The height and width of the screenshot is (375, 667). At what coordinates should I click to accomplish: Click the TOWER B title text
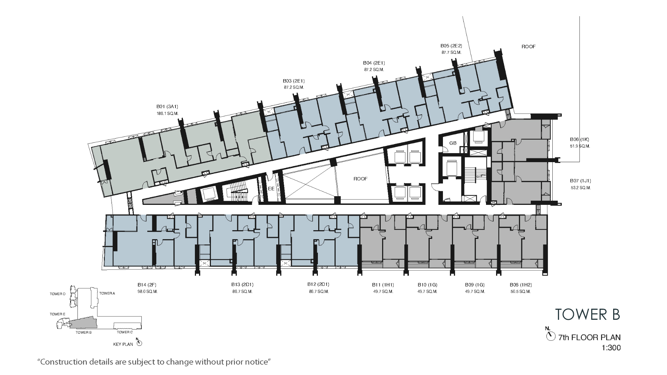pos(587,314)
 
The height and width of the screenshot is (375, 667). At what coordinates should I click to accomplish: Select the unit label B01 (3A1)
pos(167,107)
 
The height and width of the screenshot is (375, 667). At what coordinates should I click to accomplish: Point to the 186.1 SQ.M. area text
pos(167,113)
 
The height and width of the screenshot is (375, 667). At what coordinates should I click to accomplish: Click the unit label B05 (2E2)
pos(451,46)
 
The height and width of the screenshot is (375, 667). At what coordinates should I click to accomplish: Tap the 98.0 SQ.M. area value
pos(147,292)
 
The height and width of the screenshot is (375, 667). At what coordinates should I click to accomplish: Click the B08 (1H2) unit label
pos(521,285)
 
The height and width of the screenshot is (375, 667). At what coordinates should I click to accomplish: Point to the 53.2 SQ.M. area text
pos(580,188)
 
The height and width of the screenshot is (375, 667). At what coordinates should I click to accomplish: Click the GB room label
pos(453,143)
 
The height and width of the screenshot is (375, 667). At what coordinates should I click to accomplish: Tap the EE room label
pos(271,189)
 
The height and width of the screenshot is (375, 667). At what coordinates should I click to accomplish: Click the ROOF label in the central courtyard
pos(360,179)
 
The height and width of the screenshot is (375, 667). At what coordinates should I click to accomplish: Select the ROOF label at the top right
pos(528,47)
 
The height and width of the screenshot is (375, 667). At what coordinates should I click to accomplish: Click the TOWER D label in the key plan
pos(58,294)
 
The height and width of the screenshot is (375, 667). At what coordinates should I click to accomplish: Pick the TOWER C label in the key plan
pos(125,332)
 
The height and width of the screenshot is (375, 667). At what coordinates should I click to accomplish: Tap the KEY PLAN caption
pos(123,344)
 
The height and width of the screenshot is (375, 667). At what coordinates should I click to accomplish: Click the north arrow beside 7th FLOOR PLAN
pos(550,336)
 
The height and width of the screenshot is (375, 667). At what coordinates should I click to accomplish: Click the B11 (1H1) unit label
pos(383,285)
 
